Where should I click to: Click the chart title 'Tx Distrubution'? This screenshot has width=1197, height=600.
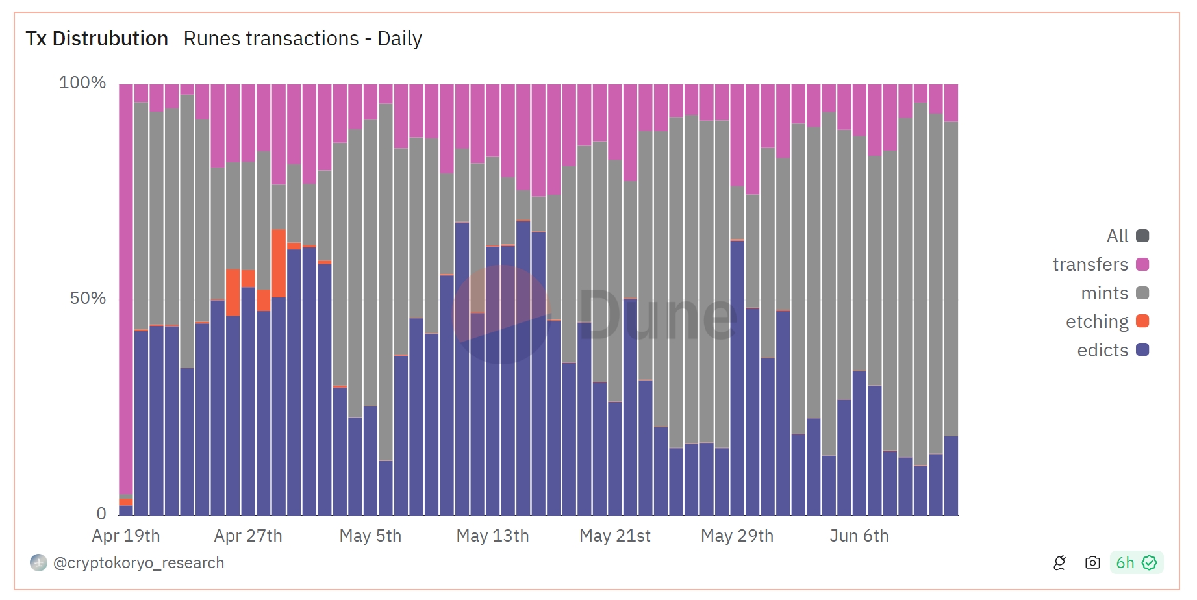[97, 39]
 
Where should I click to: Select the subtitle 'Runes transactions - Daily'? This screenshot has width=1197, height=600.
[303, 39]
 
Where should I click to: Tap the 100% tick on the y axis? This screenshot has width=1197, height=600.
[82, 82]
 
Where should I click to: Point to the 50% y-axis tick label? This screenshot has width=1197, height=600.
[88, 298]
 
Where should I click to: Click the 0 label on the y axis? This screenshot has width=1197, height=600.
[101, 514]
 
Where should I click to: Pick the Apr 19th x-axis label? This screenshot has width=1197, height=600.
[126, 536]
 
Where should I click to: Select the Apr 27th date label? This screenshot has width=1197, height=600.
[248, 536]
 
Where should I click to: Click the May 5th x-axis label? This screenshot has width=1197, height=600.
[370, 536]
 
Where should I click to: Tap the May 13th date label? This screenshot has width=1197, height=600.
[492, 536]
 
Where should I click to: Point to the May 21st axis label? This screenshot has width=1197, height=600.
[614, 536]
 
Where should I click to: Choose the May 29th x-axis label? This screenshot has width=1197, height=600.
[737, 536]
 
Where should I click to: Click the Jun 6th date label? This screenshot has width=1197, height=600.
[859, 536]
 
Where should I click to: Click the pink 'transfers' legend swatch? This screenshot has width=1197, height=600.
[1142, 264]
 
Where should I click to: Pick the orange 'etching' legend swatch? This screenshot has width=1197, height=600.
[1142, 321]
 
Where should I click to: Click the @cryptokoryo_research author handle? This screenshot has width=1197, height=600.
[138, 563]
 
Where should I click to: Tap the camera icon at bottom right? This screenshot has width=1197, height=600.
[1092, 563]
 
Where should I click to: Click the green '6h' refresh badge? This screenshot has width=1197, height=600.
[1136, 563]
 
